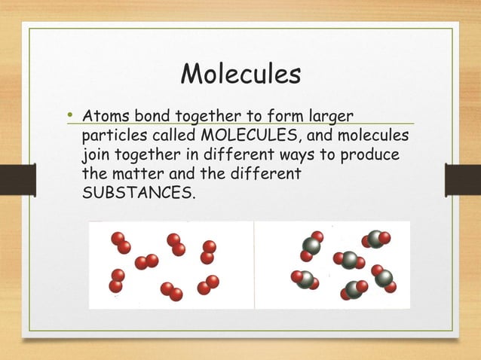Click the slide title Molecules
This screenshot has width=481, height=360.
coord(241,75)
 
